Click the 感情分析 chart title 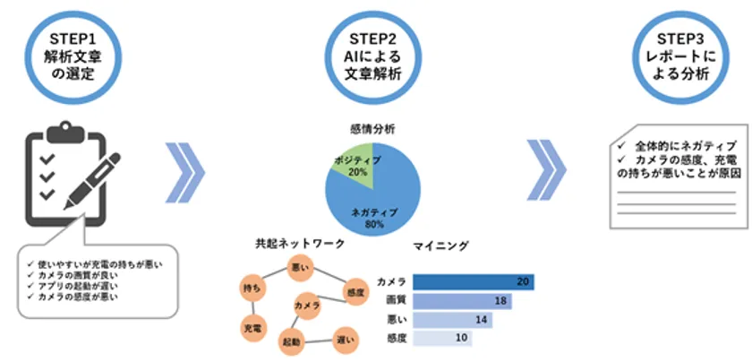(x=372, y=129)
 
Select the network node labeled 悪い (x=300, y=267)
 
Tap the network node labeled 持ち (x=252, y=288)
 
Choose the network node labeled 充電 (x=252, y=329)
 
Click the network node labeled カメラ (x=307, y=305)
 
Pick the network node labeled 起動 (x=292, y=341)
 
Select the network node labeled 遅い (x=346, y=340)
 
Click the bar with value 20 (x=474, y=282)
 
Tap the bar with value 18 (x=462, y=301)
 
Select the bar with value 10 (x=442, y=338)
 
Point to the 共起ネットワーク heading (x=300, y=245)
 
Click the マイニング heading (x=440, y=246)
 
